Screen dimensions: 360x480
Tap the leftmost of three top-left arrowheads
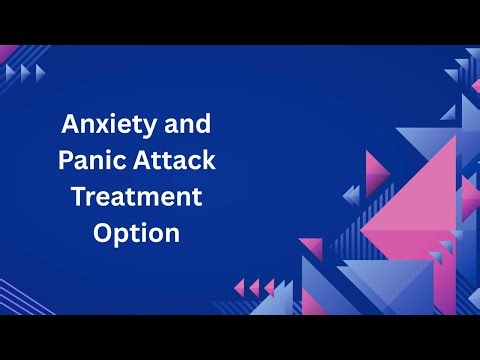11,73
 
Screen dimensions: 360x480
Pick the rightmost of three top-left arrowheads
40,73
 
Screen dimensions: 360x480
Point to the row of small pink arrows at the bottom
254,289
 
